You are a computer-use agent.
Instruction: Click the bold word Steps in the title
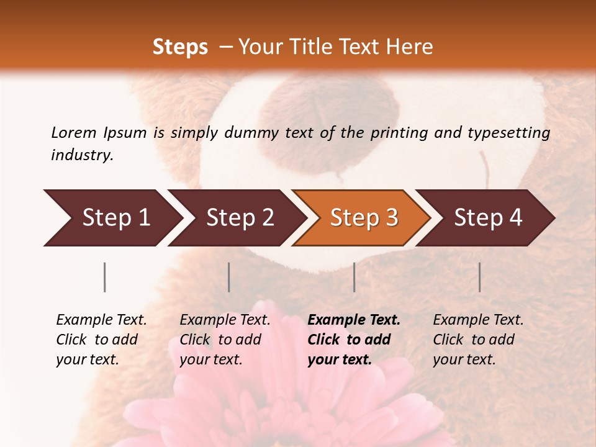tap(180, 47)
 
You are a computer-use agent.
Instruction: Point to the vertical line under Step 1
tap(105, 277)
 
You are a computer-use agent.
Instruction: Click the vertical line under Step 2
tap(229, 277)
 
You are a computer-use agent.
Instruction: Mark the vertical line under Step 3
tap(354, 277)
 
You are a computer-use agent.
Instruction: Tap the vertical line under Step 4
tap(480, 277)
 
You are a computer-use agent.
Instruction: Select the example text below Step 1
tap(101, 340)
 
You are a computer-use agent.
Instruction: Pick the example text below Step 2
tap(225, 340)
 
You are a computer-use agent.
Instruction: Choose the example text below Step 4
tap(478, 340)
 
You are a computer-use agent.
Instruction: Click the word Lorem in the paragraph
tap(73, 133)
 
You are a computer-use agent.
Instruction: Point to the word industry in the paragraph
tap(82, 155)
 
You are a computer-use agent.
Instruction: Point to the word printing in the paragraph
tap(397, 133)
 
